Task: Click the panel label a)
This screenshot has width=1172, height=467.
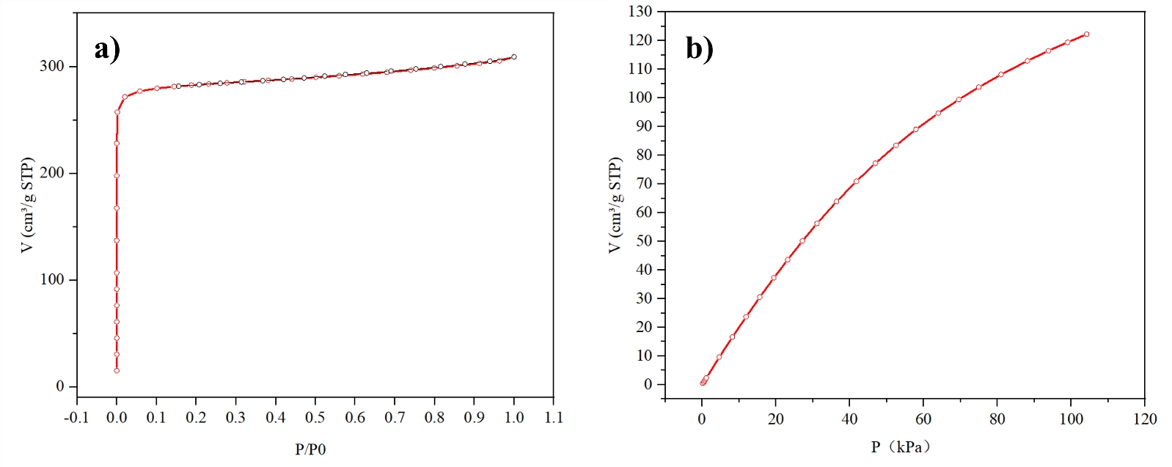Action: (x=107, y=49)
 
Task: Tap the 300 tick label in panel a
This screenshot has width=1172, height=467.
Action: (x=51, y=66)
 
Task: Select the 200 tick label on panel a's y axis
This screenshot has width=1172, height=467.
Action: (x=51, y=173)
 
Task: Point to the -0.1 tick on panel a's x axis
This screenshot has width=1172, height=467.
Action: (x=76, y=418)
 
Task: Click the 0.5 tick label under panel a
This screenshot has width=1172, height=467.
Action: (x=315, y=418)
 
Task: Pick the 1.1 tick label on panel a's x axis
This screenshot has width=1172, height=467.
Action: (x=554, y=418)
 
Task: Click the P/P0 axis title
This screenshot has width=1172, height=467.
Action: (x=310, y=449)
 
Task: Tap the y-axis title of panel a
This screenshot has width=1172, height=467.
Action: (x=27, y=205)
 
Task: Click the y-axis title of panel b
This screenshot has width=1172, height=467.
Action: (x=615, y=205)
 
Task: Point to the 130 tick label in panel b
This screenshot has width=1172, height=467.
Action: (x=640, y=11)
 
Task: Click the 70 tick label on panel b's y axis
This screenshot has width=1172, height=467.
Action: (x=643, y=183)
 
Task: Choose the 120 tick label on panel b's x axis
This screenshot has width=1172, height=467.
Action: (x=1145, y=419)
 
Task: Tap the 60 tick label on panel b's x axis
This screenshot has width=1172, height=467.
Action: (x=923, y=419)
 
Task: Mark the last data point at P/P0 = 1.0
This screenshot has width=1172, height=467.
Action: (x=514, y=56)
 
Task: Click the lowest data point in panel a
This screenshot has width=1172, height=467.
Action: (x=117, y=371)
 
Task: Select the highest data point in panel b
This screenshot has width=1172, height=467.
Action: (x=1086, y=34)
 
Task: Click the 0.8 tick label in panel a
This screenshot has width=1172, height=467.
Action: (x=434, y=418)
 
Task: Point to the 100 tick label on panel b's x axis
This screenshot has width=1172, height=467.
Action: (x=1071, y=419)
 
